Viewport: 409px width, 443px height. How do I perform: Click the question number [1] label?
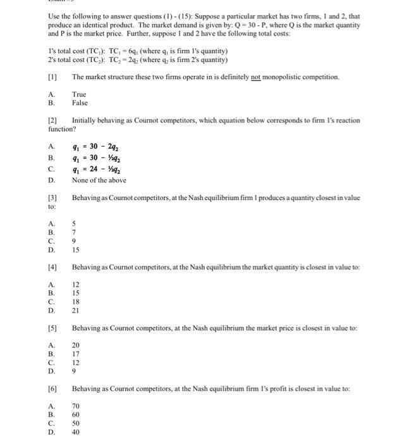(x=53, y=77)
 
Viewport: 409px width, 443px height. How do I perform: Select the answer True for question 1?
(x=79, y=94)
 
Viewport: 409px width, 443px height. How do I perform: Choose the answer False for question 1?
(x=80, y=103)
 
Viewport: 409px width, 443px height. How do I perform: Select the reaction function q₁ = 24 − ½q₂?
(x=96, y=169)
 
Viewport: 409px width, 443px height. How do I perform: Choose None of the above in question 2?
(x=99, y=180)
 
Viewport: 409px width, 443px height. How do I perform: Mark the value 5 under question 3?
(x=74, y=223)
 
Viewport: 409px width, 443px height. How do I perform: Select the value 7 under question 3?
(x=74, y=232)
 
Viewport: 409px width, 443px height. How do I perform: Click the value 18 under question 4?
(x=76, y=302)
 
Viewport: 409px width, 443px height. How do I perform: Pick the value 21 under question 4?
(x=76, y=311)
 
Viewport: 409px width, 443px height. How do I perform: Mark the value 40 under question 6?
(x=76, y=434)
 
